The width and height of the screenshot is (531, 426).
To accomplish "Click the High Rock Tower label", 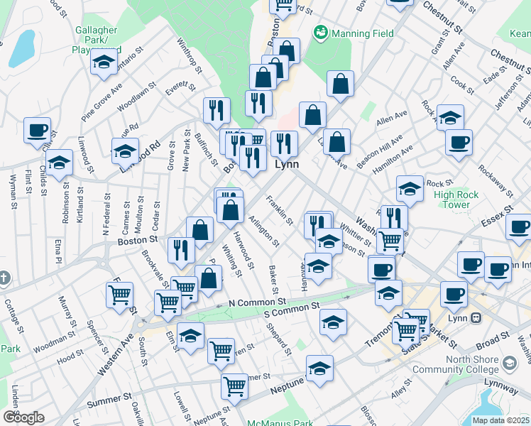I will (x=451, y=200).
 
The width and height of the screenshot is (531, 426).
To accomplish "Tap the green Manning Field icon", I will (x=320, y=33).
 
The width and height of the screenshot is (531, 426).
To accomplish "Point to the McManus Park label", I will (x=280, y=423).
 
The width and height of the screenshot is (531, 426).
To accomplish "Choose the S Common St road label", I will (x=292, y=310).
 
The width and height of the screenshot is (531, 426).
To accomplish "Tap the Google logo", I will (x=23, y=417).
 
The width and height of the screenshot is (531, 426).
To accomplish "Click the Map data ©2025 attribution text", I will (x=500, y=420).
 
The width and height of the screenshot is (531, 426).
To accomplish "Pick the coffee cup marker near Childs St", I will (x=37, y=131).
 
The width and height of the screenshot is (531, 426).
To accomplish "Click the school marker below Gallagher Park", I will (x=104, y=62).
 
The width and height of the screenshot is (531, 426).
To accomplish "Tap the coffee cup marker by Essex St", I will (x=519, y=228).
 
